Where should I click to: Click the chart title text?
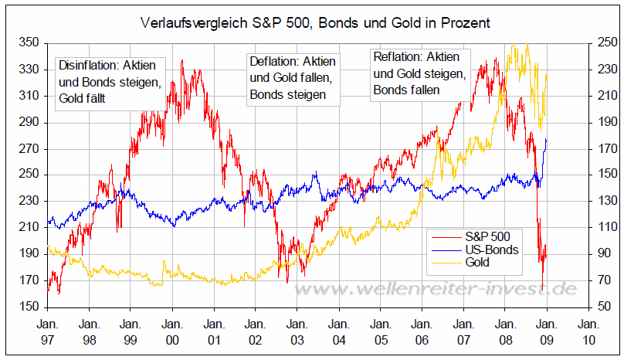(x=312, y=24)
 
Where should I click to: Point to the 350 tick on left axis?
(x=29, y=43)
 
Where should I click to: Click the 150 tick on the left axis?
(x=29, y=307)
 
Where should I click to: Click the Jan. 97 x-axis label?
(x=48, y=331)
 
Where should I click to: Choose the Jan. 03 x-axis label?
(x=297, y=331)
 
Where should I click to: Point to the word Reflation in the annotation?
(x=398, y=57)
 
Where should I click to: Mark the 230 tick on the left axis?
(x=29, y=201)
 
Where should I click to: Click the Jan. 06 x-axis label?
(x=422, y=331)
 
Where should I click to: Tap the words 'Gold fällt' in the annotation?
(x=82, y=98)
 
